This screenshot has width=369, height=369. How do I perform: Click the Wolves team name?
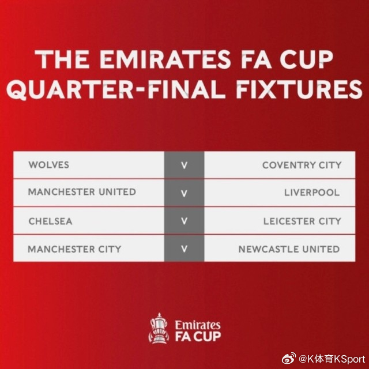(x=49, y=165)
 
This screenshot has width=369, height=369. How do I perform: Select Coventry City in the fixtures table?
(x=302, y=165)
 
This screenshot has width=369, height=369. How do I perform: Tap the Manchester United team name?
(x=82, y=192)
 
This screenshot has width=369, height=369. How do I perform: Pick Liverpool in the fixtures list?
(x=312, y=193)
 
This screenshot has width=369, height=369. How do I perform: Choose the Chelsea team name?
(x=50, y=221)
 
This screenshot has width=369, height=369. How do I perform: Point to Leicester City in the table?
(x=302, y=221)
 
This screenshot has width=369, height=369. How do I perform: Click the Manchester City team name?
(x=74, y=249)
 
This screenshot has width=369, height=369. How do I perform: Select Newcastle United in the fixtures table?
(x=289, y=249)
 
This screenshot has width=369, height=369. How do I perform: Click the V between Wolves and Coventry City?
(x=184, y=165)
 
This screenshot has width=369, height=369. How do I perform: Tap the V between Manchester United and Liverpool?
(x=184, y=193)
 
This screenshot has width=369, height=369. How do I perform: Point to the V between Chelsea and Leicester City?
(x=184, y=221)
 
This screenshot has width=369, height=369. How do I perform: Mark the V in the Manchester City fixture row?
(x=184, y=248)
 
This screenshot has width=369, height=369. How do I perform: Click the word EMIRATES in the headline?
(x=165, y=59)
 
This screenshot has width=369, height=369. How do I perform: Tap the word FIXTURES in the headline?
(x=299, y=89)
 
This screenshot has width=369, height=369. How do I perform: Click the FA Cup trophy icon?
(x=159, y=328)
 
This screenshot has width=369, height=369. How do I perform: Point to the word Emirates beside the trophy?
(x=198, y=325)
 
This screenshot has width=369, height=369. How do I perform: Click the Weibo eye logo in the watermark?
(x=289, y=359)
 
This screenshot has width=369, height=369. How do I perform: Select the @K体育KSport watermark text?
(x=332, y=359)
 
